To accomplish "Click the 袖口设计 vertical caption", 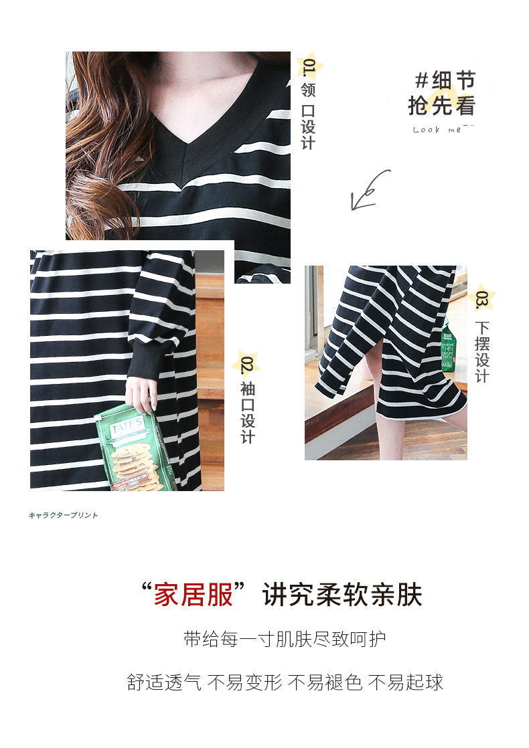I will coord(248,413).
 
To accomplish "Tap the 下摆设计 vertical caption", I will coord(482,352).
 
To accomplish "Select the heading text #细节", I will coord(445,81).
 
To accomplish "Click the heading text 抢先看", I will coord(441,106).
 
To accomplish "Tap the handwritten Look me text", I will coord(439,129).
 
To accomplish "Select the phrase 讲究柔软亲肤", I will coord(342,593).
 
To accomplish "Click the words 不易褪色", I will coord(325,682).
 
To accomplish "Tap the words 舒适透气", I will coord(164,682).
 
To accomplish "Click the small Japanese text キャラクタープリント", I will coord(64,515).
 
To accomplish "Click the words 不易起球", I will coord(406,682).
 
